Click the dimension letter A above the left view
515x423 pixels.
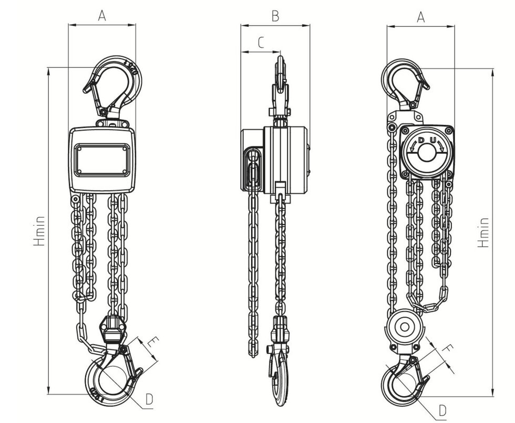pos(102,16)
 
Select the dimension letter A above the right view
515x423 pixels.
pos(420,17)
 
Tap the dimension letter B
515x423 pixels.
pos(275,16)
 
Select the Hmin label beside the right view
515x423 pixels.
pos(483,232)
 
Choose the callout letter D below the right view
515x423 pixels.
pos(442,408)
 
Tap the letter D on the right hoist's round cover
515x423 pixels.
pos(421,140)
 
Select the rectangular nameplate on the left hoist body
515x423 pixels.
pos(102,160)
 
